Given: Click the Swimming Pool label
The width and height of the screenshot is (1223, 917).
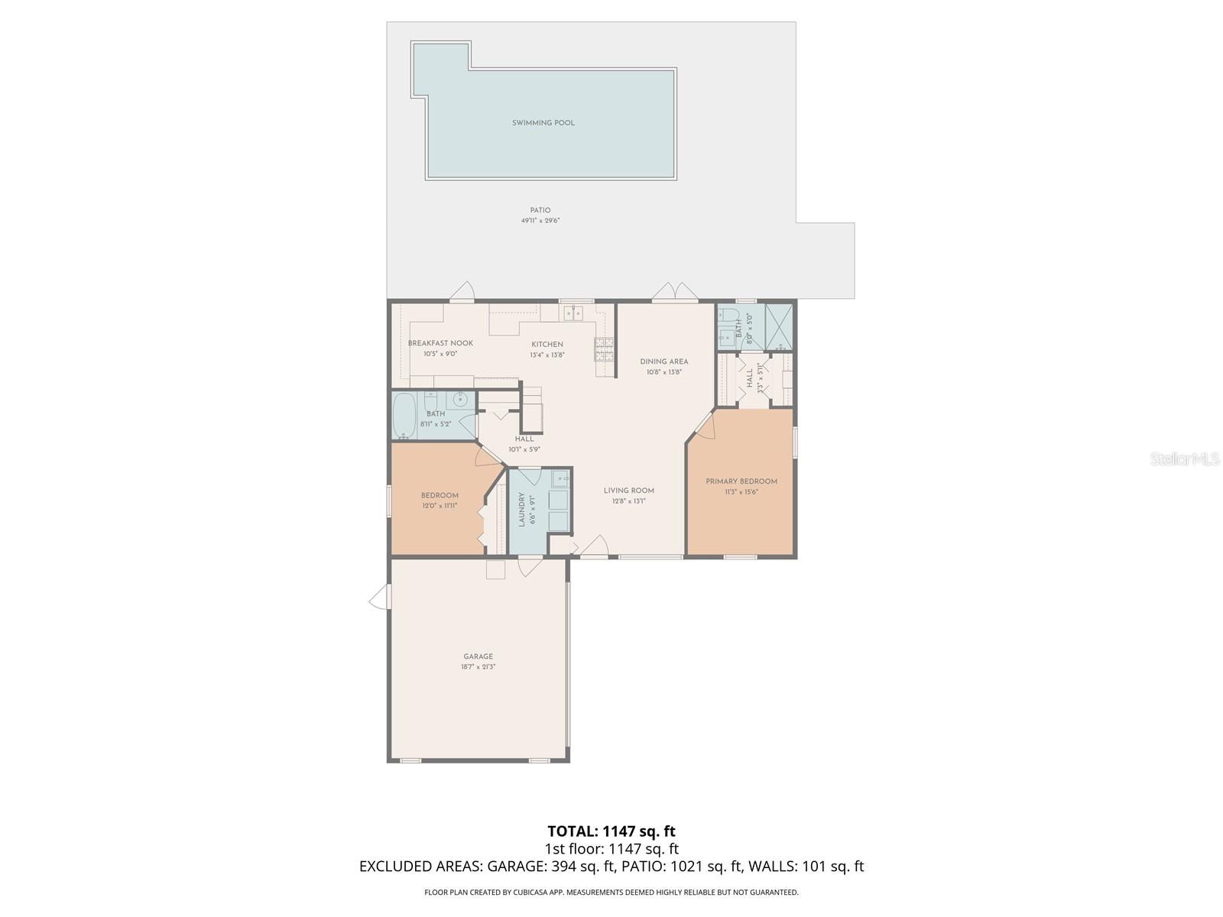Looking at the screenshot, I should click(x=543, y=123).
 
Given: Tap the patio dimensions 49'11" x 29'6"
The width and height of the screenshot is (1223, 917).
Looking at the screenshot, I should click(x=540, y=221).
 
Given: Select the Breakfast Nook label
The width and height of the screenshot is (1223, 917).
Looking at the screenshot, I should click(x=440, y=344).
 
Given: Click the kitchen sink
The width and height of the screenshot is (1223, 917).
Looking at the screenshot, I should click(x=573, y=313).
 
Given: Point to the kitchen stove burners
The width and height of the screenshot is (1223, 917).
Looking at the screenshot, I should click(x=603, y=349).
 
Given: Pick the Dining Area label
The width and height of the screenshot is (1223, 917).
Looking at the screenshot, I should click(x=663, y=361).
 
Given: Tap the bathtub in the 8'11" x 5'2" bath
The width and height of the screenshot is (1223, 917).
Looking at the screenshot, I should click(x=404, y=416).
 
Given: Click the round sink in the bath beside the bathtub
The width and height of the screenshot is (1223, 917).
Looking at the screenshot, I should click(x=460, y=399).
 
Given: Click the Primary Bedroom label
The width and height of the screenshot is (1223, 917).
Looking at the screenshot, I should click(x=741, y=481).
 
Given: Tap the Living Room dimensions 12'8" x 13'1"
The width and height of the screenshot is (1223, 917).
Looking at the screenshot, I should click(x=628, y=501).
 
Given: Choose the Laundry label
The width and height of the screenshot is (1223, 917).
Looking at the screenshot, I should click(x=522, y=510).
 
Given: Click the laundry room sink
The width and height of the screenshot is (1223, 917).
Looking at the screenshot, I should click(x=560, y=480).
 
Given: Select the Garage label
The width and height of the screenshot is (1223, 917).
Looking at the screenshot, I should click(x=478, y=656).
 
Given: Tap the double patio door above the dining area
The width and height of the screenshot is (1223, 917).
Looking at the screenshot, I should click(x=674, y=292).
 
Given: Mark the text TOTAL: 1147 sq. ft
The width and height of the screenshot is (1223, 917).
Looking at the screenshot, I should click(x=611, y=831).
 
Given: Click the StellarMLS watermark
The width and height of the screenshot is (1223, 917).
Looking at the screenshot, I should click(x=1184, y=458).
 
